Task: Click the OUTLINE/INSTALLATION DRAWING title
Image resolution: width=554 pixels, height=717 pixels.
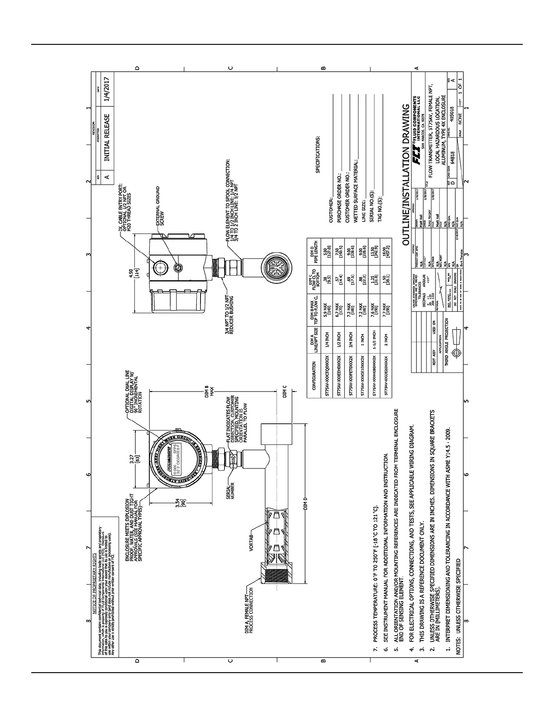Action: (x=406, y=175)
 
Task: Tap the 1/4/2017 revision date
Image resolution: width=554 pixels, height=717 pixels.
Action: (x=107, y=91)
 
